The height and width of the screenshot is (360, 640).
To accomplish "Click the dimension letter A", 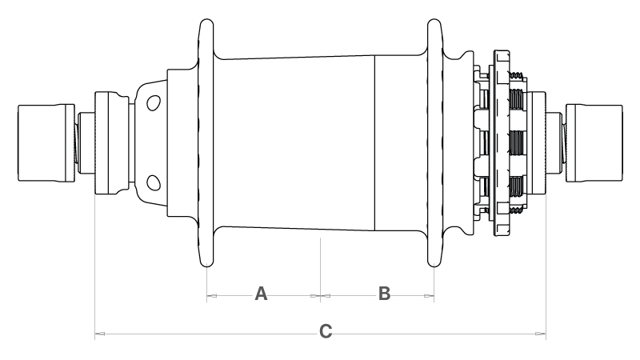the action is click(x=261, y=294).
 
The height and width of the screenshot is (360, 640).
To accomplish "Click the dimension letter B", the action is click(x=384, y=294).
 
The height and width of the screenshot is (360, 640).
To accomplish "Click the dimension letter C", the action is click(x=326, y=331).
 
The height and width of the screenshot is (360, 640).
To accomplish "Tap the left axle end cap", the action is click(x=46, y=143).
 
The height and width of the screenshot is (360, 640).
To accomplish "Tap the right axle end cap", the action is click(x=594, y=143).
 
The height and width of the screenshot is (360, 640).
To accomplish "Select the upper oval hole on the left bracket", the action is click(x=154, y=103).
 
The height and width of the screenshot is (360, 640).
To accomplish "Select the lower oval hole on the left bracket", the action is click(x=154, y=183).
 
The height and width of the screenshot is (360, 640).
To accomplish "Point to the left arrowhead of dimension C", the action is click(x=100, y=334).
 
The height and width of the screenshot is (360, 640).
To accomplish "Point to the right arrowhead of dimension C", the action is click(x=541, y=334).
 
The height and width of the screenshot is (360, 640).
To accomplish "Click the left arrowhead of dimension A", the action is click(x=212, y=296).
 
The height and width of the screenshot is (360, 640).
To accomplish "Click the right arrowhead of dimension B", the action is click(x=429, y=296).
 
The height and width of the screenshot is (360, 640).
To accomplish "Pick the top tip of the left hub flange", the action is click(x=207, y=19).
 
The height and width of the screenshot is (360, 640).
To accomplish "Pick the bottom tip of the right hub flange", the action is click(x=434, y=266).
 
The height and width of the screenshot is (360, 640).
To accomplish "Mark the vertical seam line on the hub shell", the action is click(x=374, y=143).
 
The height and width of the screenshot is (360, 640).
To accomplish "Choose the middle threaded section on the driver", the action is click(x=516, y=143).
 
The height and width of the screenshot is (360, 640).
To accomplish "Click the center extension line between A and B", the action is click(x=321, y=270).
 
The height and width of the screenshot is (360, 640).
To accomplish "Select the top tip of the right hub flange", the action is click(x=434, y=19).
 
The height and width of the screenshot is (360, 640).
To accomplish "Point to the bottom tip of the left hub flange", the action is click(x=207, y=266).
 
